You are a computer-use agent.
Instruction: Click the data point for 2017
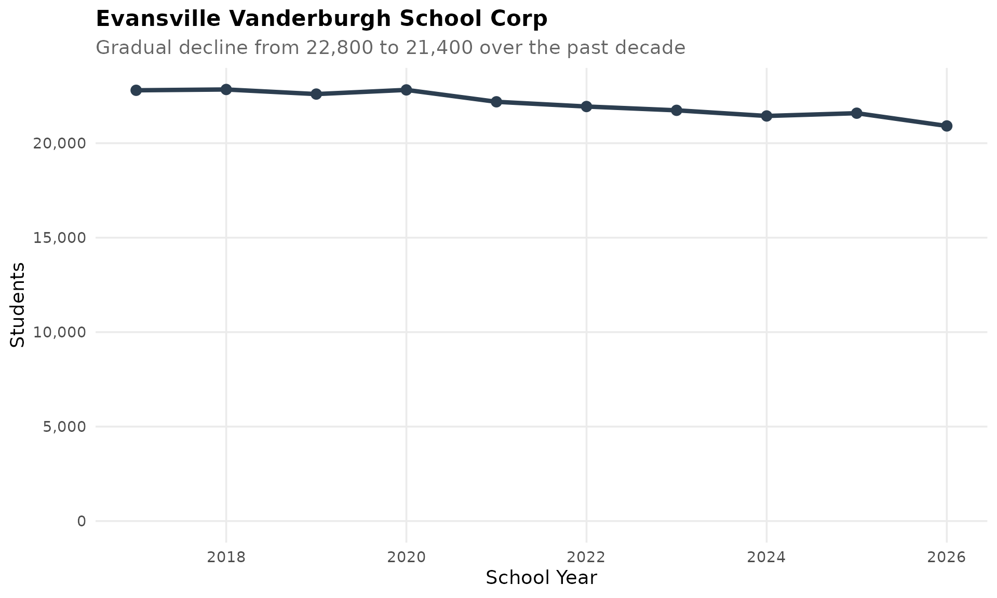136,90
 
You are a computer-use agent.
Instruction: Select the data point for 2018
226,89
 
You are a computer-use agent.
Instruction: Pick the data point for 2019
316,94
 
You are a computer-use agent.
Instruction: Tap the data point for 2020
406,90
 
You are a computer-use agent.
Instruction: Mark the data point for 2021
496,102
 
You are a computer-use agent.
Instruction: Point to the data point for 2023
676,110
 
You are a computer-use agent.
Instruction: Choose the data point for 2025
856,113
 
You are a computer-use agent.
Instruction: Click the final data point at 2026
947,126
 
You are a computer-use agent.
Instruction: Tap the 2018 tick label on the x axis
226,558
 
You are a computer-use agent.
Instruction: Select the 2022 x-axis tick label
586,558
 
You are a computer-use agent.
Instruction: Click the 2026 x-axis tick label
947,558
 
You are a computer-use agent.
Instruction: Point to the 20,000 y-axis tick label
59,143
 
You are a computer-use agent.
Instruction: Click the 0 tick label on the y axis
82,521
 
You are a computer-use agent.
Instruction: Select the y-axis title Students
18,304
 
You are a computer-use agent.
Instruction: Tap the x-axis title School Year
541,578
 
